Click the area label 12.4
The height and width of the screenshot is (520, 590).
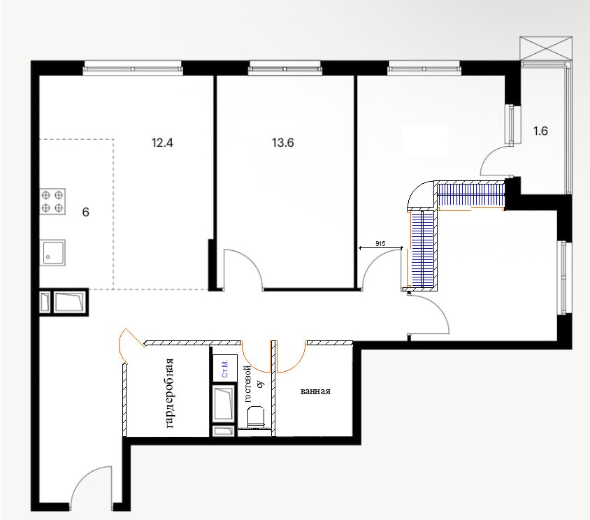162,143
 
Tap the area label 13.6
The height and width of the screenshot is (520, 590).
282,143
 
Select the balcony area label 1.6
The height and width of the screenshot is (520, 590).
540,131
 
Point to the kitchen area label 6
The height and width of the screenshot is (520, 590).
86,212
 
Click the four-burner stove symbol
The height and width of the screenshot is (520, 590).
52,201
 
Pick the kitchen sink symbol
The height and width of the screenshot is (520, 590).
52,252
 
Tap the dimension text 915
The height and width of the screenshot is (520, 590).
380,244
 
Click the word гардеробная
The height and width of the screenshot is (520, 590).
170,393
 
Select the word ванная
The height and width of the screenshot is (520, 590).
315,391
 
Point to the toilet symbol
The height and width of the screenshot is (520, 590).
256,417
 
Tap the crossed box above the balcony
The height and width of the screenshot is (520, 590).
546,48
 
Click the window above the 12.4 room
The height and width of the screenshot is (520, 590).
132,69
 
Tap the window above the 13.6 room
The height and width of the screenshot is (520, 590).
285,69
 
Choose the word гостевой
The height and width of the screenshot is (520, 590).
247,384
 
